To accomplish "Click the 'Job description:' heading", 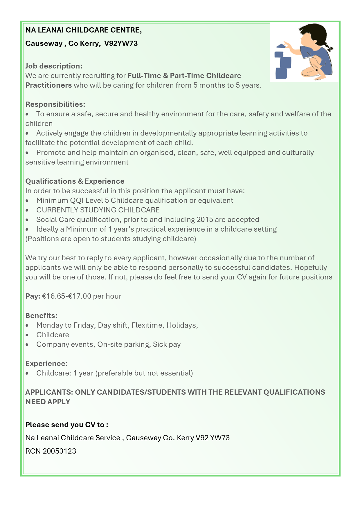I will [x=54, y=66].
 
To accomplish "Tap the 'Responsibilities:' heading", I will [x=55, y=104].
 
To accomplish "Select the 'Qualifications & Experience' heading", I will [x=75, y=181].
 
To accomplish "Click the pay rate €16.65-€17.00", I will [x=66, y=296].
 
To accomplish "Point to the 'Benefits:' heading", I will [x=41, y=316].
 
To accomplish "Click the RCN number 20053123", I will [x=59, y=451].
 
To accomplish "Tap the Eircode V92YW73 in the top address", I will [x=121, y=44].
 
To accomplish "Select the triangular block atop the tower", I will [x=281, y=46].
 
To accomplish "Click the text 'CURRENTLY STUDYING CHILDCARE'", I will [x=98, y=210].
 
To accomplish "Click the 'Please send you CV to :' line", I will [x=67, y=425].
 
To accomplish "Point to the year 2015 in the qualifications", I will [x=205, y=220].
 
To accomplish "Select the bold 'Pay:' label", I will [x=33, y=296].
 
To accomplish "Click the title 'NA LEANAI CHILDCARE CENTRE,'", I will [x=84, y=30].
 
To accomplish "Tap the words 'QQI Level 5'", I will [x=89, y=201].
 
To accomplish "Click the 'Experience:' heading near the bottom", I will [x=46, y=364].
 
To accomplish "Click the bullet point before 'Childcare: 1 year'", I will [x=27, y=373].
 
